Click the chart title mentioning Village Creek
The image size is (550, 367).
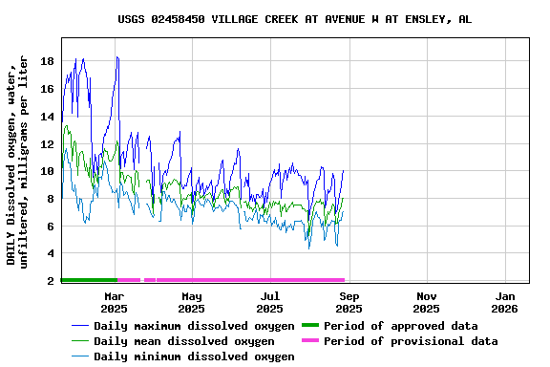pos(294,19)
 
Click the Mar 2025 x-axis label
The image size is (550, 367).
pos(114,303)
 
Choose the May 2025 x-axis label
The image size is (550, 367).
pos(192,303)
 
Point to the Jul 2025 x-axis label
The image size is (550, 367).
pos(270,303)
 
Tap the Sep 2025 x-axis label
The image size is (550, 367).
pos(349,303)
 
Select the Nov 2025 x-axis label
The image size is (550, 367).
pos(427,303)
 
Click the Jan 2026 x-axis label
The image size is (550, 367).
pos(505,303)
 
